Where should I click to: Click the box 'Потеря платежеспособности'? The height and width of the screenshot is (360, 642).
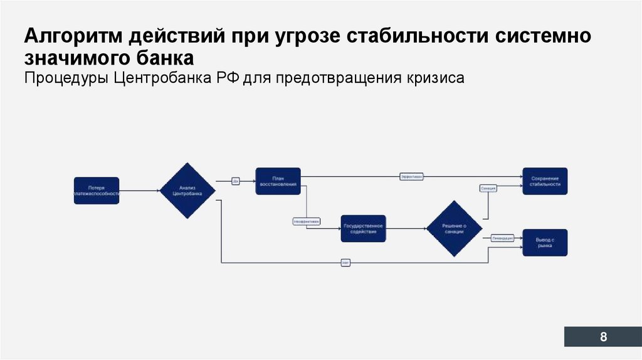pos(97,191)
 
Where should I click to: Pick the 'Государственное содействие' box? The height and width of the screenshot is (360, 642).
pos(363,228)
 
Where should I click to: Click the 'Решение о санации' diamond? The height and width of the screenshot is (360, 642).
pos(453,228)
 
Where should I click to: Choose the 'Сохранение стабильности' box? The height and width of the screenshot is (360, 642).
pos(544,181)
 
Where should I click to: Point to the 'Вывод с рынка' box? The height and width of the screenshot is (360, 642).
pos(544,243)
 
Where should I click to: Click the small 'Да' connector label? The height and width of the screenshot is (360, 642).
pos(236,181)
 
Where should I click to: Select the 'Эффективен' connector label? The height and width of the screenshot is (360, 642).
pos(411,177)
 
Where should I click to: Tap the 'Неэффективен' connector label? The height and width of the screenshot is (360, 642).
pos(307,221)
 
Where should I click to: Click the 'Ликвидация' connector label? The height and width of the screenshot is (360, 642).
pos(502,238)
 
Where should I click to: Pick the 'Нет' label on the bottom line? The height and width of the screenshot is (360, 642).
pos(345,263)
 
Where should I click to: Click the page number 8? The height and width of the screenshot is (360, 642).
pos(603,337)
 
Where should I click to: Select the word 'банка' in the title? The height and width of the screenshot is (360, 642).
pos(164,58)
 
